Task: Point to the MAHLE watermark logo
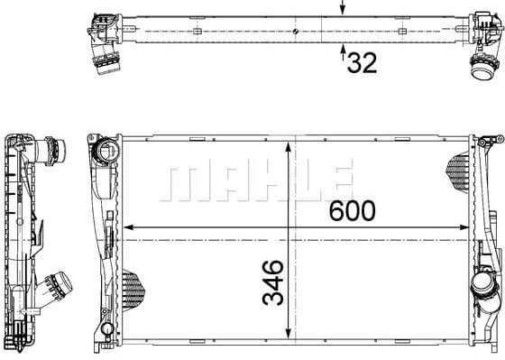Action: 253,180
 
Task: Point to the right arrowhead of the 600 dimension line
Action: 466,226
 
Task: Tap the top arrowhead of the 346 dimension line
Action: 288,144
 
